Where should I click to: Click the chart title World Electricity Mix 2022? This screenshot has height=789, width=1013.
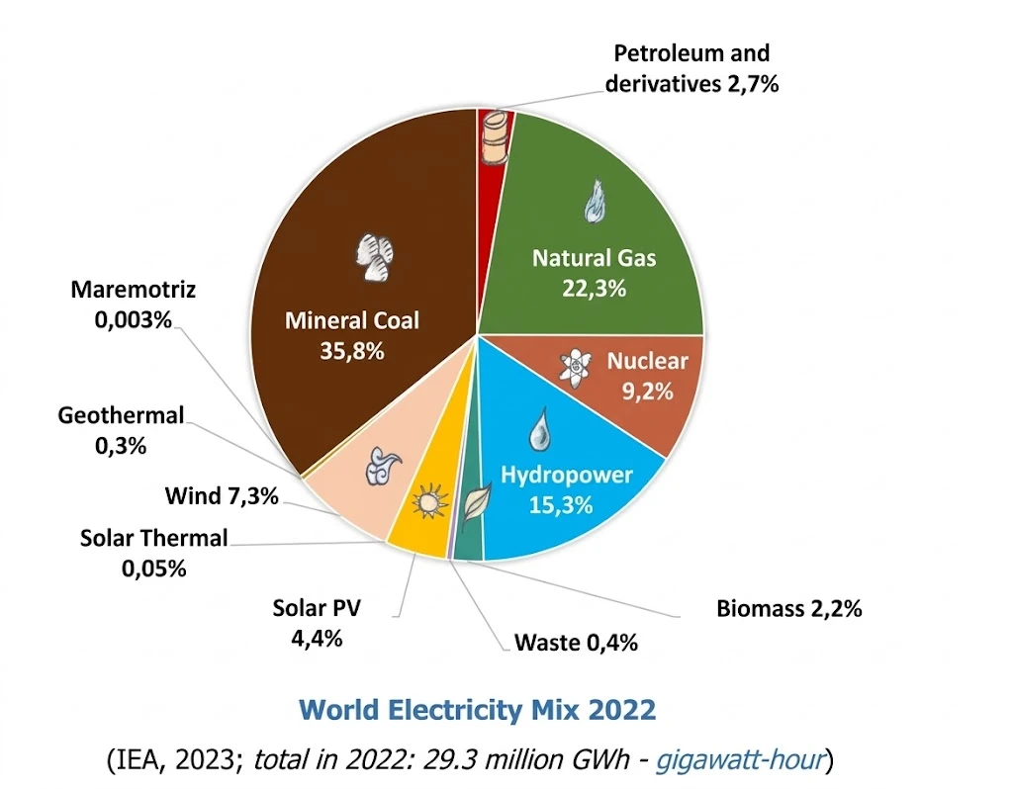tap(477, 709)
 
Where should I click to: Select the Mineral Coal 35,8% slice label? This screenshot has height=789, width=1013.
tap(352, 335)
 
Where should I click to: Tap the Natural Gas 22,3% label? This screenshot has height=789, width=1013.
tap(594, 272)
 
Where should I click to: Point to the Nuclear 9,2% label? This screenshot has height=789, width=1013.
tap(647, 375)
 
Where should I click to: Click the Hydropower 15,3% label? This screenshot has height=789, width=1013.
tap(566, 489)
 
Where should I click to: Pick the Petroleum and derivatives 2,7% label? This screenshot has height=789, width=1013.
tap(691, 68)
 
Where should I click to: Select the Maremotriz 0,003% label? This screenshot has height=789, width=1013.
tap(134, 305)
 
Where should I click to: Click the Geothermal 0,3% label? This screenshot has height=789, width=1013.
tap(121, 430)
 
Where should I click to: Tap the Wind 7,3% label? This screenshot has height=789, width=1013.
tap(222, 495)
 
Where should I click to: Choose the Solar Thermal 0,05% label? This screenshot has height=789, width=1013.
tap(153, 553)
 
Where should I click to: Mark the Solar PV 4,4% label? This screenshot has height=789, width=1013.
tap(317, 622)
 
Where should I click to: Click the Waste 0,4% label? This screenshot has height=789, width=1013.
tap(576, 643)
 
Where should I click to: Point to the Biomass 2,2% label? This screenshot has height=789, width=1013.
tap(788, 608)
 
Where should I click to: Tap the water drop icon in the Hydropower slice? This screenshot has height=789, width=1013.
tap(540, 430)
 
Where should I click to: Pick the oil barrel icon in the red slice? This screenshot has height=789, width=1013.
tap(496, 138)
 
